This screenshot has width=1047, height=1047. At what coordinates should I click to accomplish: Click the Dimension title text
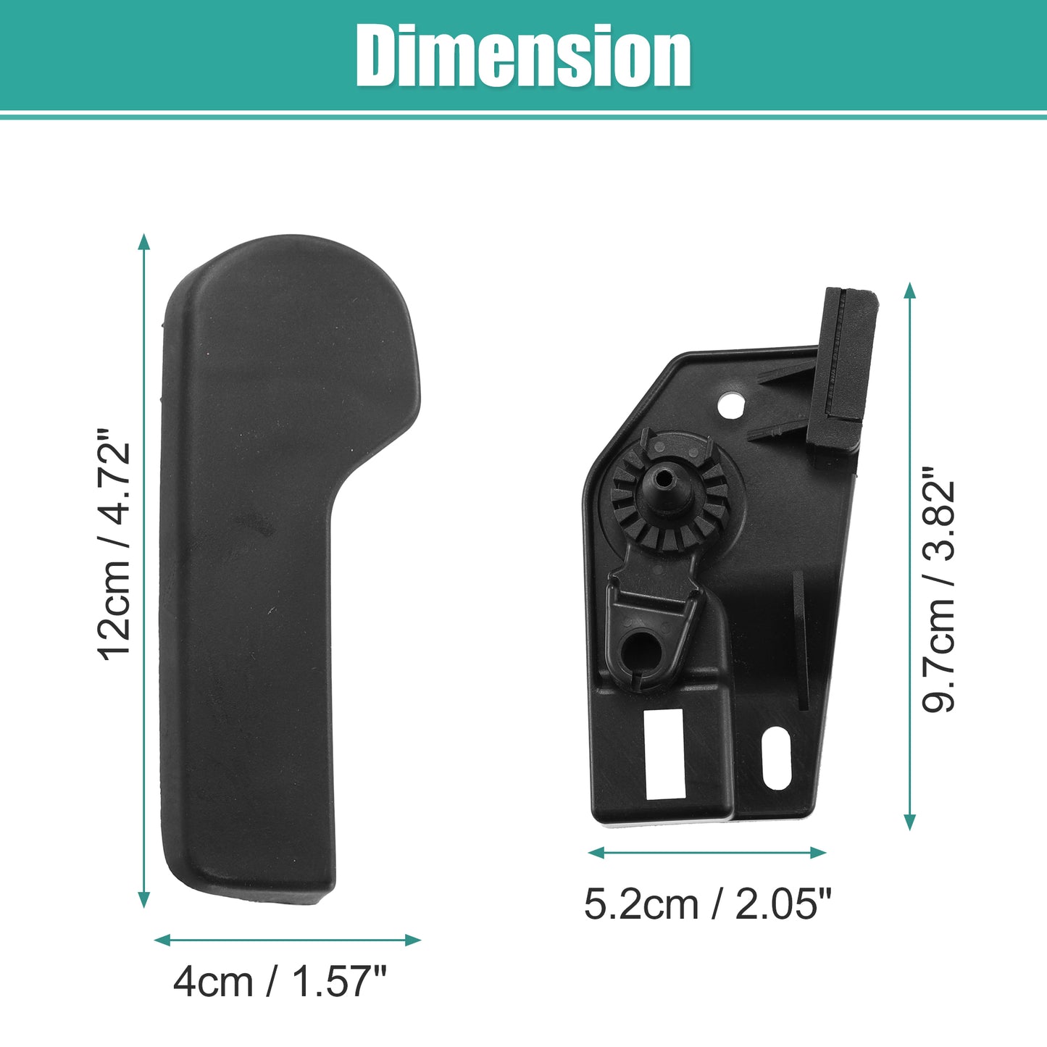(522, 56)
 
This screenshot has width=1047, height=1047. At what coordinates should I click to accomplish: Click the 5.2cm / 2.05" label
(708, 904)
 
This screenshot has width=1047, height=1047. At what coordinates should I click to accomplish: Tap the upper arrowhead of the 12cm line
(144, 242)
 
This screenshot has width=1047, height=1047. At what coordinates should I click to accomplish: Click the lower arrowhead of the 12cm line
(144, 899)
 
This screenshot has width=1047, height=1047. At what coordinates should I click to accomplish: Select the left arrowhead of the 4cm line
(162, 940)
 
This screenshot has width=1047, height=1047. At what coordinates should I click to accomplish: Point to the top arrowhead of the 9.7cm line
(909, 291)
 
